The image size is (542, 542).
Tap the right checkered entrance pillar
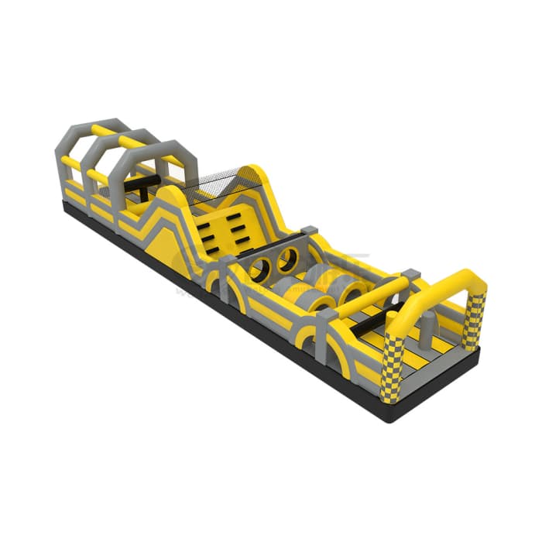pos(474,320)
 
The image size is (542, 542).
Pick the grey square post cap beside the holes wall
pos(309,230)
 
